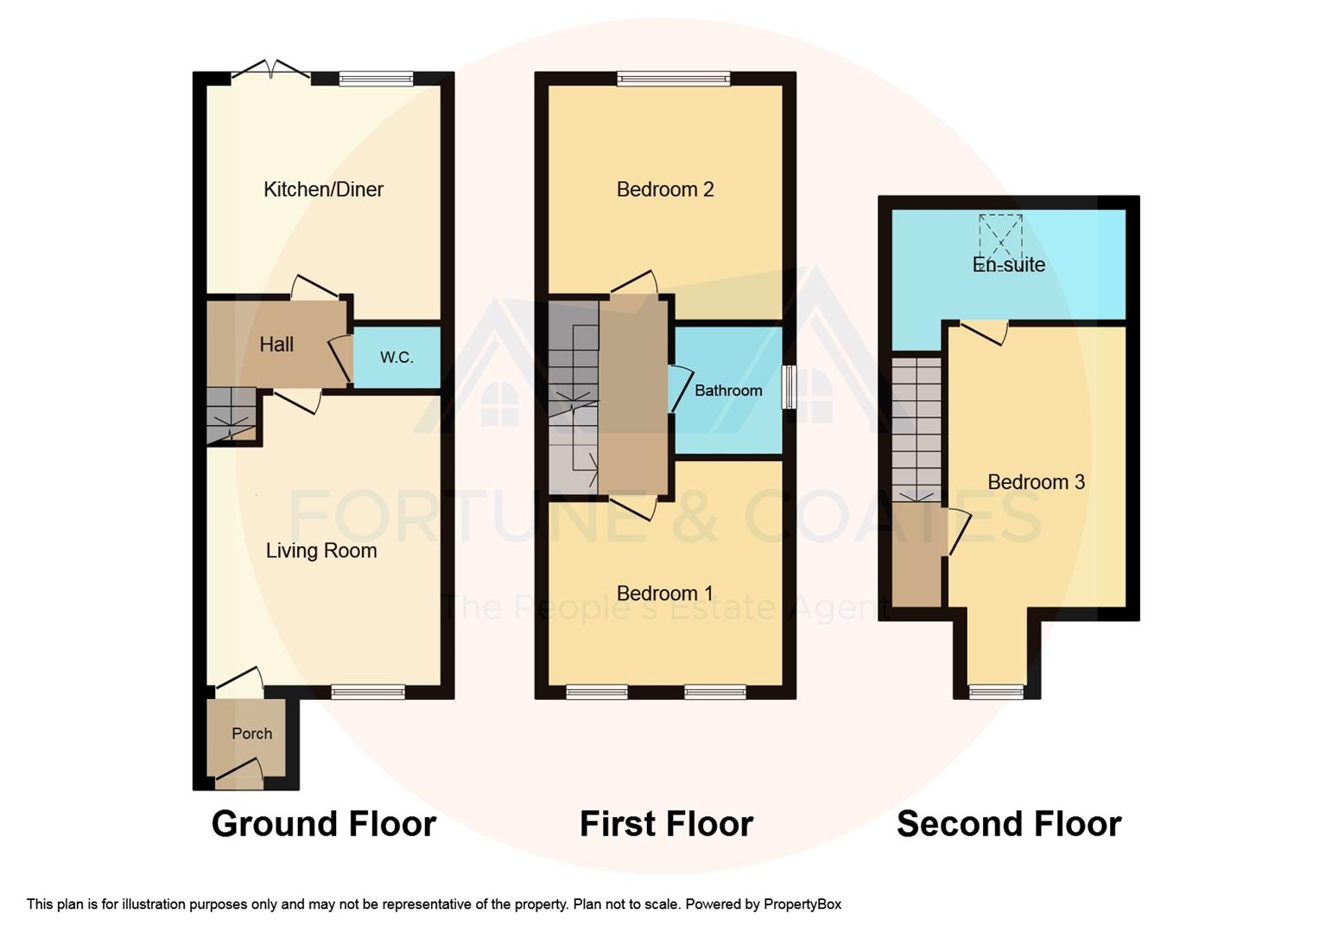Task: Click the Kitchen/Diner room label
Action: pos(323,189)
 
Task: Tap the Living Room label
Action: pos(320,550)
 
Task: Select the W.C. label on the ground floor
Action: pos(396,357)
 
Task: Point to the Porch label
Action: pos(251,733)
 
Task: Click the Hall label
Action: pos(276,344)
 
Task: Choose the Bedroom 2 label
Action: pos(665,189)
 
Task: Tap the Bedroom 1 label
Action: pos(665,593)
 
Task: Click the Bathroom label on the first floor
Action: pos(728,390)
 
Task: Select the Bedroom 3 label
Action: pos(1036,482)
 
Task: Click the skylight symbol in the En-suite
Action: pos(1000,234)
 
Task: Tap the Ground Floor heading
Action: pos(323,823)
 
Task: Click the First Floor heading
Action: pos(666,823)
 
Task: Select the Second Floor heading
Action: pos(1009,823)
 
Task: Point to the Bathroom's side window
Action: pos(789,387)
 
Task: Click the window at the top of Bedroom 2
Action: pos(674,79)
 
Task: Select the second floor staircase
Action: pos(917,428)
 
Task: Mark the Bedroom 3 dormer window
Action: pos(997,691)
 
